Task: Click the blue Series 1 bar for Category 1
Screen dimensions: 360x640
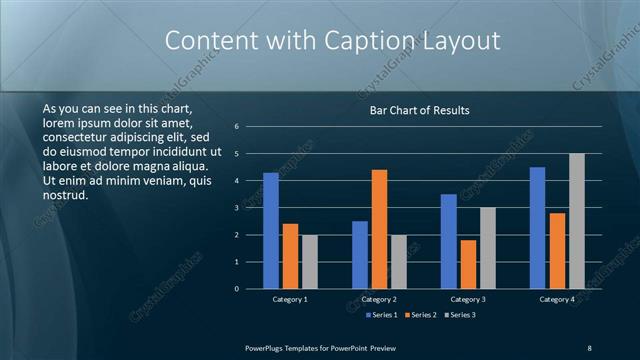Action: point(271,231)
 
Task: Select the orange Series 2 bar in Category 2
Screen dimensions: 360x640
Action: point(379,229)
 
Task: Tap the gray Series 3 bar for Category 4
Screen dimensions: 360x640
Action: point(577,221)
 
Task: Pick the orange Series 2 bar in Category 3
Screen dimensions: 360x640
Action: point(468,264)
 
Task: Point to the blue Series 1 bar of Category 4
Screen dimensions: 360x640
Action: point(537,228)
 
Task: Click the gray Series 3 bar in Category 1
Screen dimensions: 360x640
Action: point(310,262)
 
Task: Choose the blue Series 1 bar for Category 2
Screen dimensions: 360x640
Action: point(359,255)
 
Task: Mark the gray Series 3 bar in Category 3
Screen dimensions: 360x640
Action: point(488,248)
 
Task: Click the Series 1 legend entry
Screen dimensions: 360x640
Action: point(381,315)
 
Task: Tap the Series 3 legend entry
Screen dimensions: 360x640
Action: point(459,315)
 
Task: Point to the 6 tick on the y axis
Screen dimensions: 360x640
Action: point(237,127)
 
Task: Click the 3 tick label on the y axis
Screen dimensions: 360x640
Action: point(237,208)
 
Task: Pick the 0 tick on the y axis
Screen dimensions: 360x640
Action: point(237,289)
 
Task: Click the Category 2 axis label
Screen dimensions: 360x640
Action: point(379,299)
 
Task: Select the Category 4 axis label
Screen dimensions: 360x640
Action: point(557,299)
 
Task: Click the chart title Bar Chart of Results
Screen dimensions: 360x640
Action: point(419,110)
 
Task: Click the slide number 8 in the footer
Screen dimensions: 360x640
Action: point(589,347)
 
